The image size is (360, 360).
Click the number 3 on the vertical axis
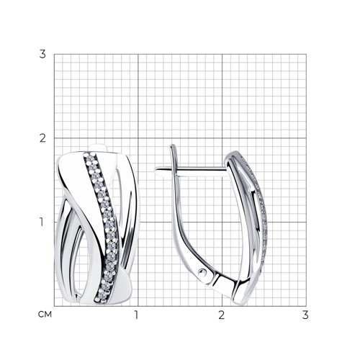click(42, 54)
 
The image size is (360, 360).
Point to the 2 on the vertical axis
click(42, 138)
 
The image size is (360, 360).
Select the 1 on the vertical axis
click(42, 222)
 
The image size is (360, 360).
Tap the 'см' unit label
click(45, 315)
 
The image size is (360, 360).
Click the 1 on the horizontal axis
click(137, 315)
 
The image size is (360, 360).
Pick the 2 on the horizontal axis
click(222, 315)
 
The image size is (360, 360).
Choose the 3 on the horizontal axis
click(305, 315)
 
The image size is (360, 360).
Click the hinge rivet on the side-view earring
click(202, 272)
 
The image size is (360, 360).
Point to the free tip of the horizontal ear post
click(156, 170)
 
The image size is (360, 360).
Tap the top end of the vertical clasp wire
click(172, 145)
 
